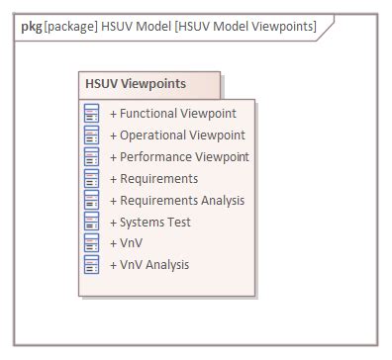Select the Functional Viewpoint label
click(173, 114)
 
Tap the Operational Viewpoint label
click(177, 135)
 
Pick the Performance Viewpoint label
click(179, 157)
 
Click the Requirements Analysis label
click(177, 201)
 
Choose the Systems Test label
click(150, 223)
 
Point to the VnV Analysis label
click(149, 265)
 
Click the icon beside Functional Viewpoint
click(92, 114)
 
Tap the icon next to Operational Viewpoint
click(92, 135)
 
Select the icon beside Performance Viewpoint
click(92, 157)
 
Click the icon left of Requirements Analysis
click(92, 201)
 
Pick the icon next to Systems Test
click(92, 223)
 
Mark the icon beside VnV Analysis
click(92, 265)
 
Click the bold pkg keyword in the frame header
click(31, 26)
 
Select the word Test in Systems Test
click(179, 223)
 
